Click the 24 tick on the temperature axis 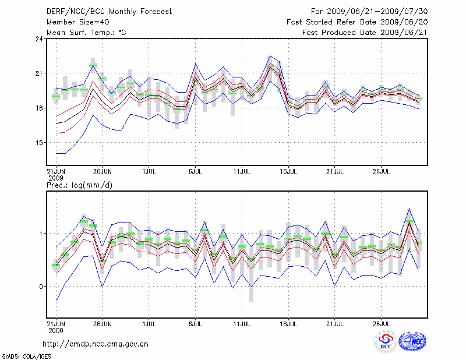click(40, 39)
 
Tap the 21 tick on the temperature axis click(40, 73)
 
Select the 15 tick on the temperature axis click(40, 143)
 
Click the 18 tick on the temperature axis click(40, 108)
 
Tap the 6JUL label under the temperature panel click(196, 172)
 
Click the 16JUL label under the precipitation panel click(288, 322)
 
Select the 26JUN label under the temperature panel click(103, 172)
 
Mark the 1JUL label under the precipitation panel click(149, 322)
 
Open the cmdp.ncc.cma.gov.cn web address click(96, 344)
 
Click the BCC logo click(386, 341)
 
